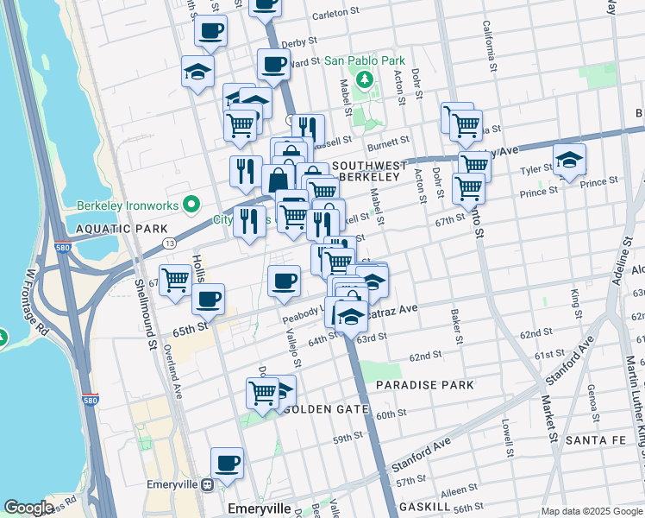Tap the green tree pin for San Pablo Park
click(x=365, y=80)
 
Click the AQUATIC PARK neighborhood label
click(x=109, y=229)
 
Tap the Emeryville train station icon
click(x=207, y=485)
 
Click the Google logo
click(x=29, y=508)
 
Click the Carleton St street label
click(x=335, y=14)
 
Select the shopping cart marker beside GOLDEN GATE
click(x=263, y=393)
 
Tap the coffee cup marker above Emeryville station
click(x=228, y=464)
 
